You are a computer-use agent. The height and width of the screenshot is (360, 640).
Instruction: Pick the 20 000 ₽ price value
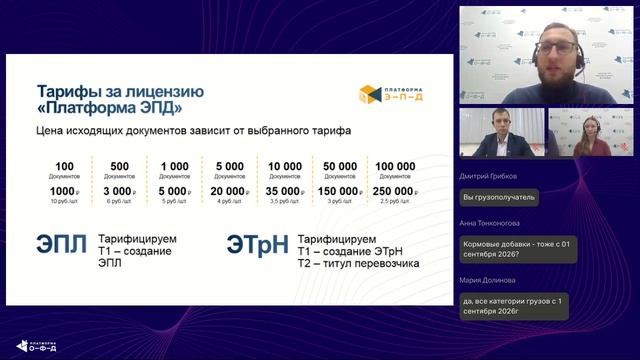(x=230, y=190)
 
